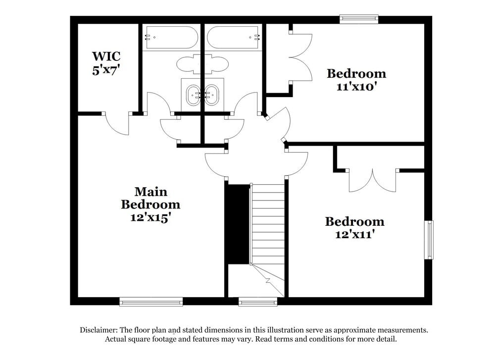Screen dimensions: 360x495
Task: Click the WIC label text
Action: [x=106, y=55]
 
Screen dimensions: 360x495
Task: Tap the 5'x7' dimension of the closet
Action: [x=106, y=70]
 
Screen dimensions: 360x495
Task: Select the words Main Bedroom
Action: [x=150, y=198]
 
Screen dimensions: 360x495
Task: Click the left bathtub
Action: [x=170, y=37]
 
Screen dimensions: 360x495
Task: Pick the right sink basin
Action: [x=212, y=94]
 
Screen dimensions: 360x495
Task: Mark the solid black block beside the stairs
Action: [x=238, y=225]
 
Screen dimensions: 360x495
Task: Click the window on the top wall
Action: [x=359, y=19]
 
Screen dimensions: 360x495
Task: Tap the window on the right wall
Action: [x=429, y=240]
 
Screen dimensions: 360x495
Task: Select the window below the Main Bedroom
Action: [x=151, y=302]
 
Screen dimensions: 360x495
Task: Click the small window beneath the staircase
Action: [x=257, y=302]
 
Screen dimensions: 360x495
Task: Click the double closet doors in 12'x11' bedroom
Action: [x=372, y=180]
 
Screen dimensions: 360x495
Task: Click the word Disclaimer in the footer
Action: [x=98, y=330]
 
